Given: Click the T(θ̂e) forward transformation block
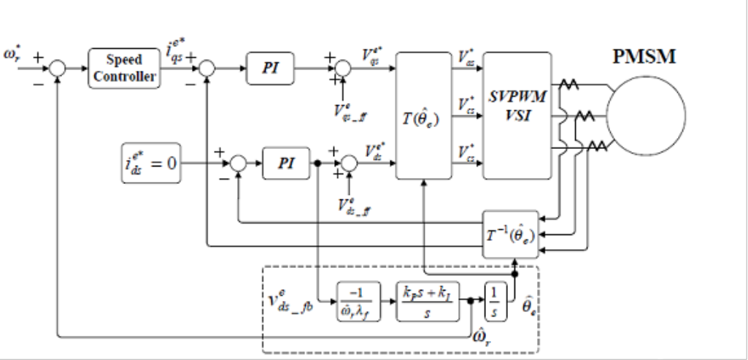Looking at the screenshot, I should [423, 115].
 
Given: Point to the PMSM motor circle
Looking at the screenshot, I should [646, 115].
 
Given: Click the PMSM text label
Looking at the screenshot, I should [646, 57].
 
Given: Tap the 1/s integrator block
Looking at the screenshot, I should [494, 299].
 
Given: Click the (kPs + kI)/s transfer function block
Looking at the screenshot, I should [428, 300].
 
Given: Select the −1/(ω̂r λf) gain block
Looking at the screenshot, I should [357, 300].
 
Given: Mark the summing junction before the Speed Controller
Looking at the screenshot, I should [56, 69].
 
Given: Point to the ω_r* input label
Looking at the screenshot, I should [15, 55].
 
